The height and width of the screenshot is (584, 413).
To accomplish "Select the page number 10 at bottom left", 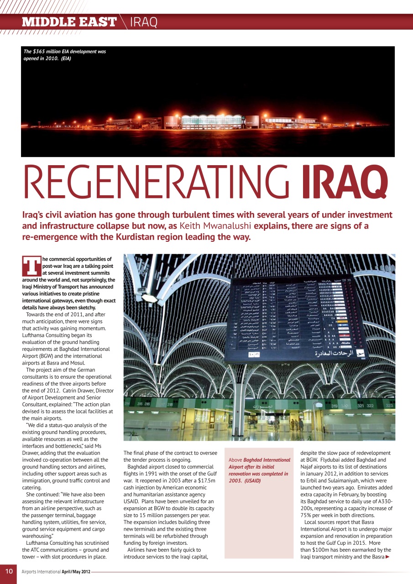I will tap(9, 571).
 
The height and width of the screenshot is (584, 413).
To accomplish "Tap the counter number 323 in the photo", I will tap(389, 405).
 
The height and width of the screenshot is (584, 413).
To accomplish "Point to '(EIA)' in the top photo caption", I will tap(64, 58).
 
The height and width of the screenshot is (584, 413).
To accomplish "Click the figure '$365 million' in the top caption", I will tap(50, 52).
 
